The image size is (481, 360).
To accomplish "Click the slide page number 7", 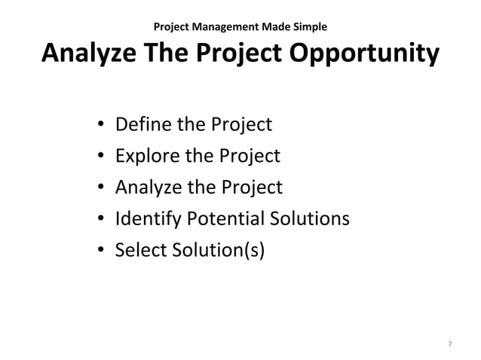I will [450, 344].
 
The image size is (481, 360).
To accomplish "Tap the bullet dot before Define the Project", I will [100, 125].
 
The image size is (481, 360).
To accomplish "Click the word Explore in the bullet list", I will [144, 156].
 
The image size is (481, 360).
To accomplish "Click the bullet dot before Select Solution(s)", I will [100, 251].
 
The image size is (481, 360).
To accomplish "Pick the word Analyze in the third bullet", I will [146, 188].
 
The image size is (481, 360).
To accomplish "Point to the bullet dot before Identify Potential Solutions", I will [100, 219].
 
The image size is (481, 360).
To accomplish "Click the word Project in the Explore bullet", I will [249, 156].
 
